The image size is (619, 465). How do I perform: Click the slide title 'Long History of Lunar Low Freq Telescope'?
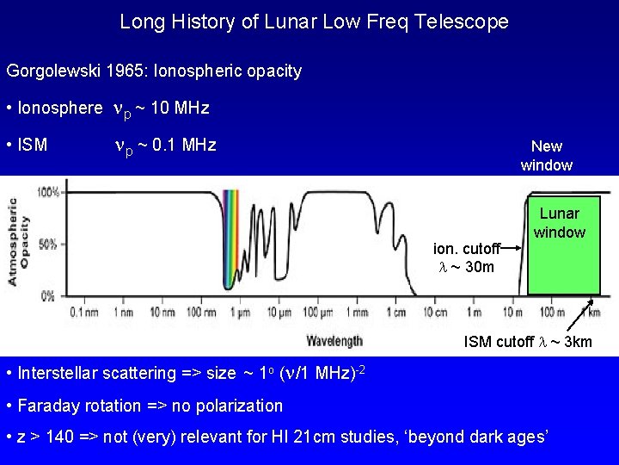314,22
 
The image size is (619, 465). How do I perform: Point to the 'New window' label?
546,156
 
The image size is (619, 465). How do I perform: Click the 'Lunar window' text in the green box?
559,223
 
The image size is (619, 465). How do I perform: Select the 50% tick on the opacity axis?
50,244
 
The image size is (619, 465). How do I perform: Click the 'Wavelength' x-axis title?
334,340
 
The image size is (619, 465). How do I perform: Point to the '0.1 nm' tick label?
84,312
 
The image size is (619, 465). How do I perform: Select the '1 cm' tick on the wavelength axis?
396,312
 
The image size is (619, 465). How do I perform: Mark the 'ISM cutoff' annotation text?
528,342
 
